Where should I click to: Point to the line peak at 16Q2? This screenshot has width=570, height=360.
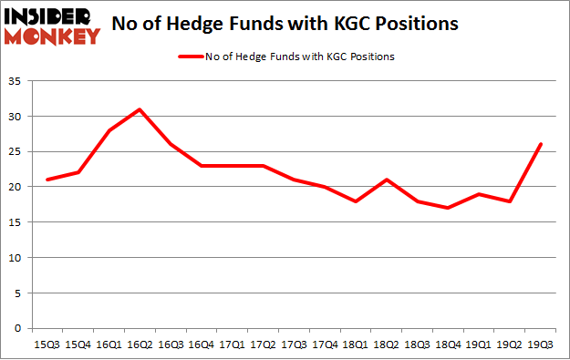[140, 109]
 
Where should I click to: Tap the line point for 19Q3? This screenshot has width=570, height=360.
[541, 144]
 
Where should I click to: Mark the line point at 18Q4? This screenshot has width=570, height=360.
[448, 208]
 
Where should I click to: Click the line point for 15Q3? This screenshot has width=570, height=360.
[47, 180]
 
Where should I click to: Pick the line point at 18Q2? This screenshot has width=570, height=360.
[387, 180]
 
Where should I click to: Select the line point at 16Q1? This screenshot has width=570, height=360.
[109, 130]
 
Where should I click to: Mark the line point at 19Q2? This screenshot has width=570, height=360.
[510, 201]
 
